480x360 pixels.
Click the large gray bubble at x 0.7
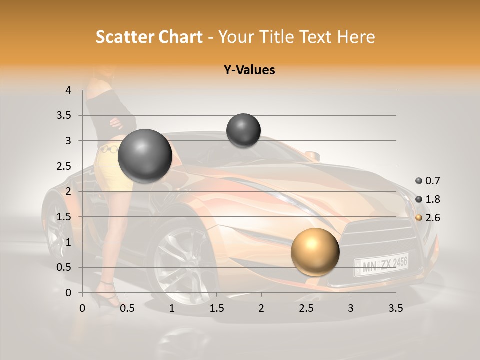pyautogui.click(x=145, y=156)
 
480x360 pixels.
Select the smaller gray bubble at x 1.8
pyautogui.click(x=243, y=130)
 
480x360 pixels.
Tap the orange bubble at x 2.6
pyautogui.click(x=315, y=252)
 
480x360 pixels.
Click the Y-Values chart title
pyautogui.click(x=249, y=70)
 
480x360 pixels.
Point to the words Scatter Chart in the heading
pyautogui.click(x=149, y=37)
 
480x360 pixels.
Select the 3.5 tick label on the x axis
pyautogui.click(x=395, y=308)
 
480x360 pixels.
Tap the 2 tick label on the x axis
pyautogui.click(x=261, y=308)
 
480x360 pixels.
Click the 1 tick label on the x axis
pyautogui.click(x=172, y=308)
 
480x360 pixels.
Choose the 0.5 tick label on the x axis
pyautogui.click(x=127, y=308)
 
